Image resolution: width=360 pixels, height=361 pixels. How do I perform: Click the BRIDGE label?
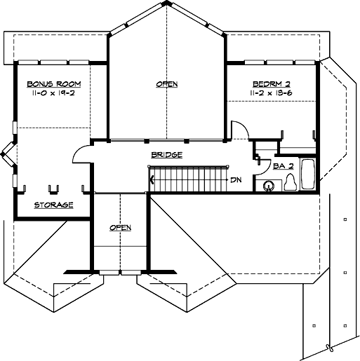pyautogui.click(x=167, y=154)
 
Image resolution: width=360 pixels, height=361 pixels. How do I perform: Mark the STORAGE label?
pyautogui.click(x=53, y=205)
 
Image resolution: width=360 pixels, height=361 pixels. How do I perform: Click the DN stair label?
pyautogui.click(x=236, y=179)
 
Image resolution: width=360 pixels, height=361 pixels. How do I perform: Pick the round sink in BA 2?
pyautogui.click(x=269, y=186)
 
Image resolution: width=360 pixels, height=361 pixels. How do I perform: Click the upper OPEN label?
pyautogui.click(x=166, y=84)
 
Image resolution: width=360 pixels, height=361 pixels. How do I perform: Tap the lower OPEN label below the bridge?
pyautogui.click(x=121, y=227)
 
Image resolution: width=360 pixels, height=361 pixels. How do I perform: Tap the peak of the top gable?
pyautogui.click(x=166, y=4)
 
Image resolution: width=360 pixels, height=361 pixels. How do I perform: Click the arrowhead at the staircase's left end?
pyautogui.click(x=152, y=179)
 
